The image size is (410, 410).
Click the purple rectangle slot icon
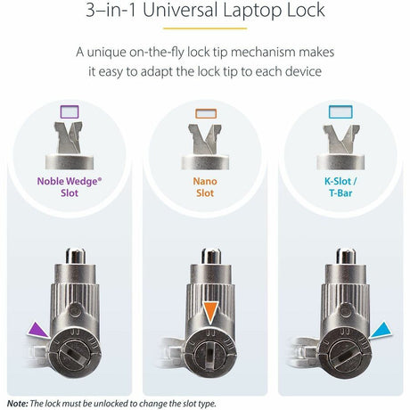click(70, 112)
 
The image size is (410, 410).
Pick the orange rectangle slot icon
click(205, 113)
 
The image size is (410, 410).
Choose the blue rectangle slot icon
click(340, 113)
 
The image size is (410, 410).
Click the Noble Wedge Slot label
click(70, 187)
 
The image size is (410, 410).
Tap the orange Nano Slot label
click(205, 187)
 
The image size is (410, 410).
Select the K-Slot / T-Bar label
click(340, 187)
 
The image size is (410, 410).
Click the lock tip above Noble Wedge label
click(70, 143)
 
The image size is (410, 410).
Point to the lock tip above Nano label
click(205, 143)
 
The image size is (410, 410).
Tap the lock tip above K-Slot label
click(340, 143)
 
